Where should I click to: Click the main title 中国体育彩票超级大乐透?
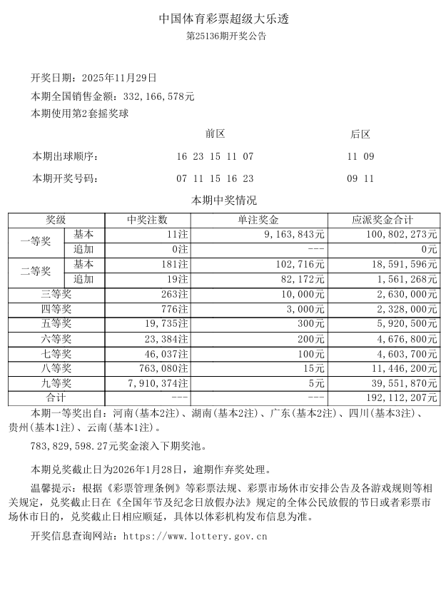[223, 19]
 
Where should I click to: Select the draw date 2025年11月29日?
[119, 77]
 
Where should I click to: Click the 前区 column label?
[215, 133]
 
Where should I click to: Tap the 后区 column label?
[360, 133]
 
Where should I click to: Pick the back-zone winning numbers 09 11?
[360, 178]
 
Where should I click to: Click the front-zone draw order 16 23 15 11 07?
[215, 156]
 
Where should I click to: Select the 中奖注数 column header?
[147, 220]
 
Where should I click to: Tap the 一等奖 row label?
[36, 242]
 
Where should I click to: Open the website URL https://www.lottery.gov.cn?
[195, 535]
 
